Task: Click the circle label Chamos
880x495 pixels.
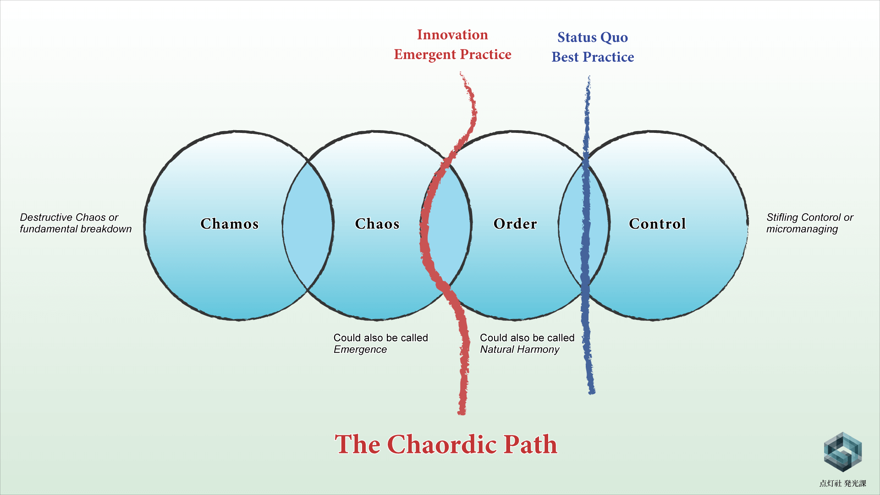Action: point(230,224)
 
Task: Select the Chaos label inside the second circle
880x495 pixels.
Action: point(377,224)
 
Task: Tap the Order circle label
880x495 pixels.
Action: point(515,224)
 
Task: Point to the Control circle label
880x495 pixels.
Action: point(657,224)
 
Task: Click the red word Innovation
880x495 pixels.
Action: point(452,35)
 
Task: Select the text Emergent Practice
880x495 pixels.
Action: point(452,55)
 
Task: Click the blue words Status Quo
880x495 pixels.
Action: point(593,38)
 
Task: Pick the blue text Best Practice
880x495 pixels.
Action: point(593,57)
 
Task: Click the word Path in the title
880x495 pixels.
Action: point(530,444)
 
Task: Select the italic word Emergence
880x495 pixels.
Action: point(360,350)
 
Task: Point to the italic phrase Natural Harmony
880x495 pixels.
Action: point(520,350)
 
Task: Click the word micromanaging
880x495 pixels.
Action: point(802,229)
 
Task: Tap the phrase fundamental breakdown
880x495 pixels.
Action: point(76,229)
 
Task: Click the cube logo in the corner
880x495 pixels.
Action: point(842,452)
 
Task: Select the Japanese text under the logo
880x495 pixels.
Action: point(842,483)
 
